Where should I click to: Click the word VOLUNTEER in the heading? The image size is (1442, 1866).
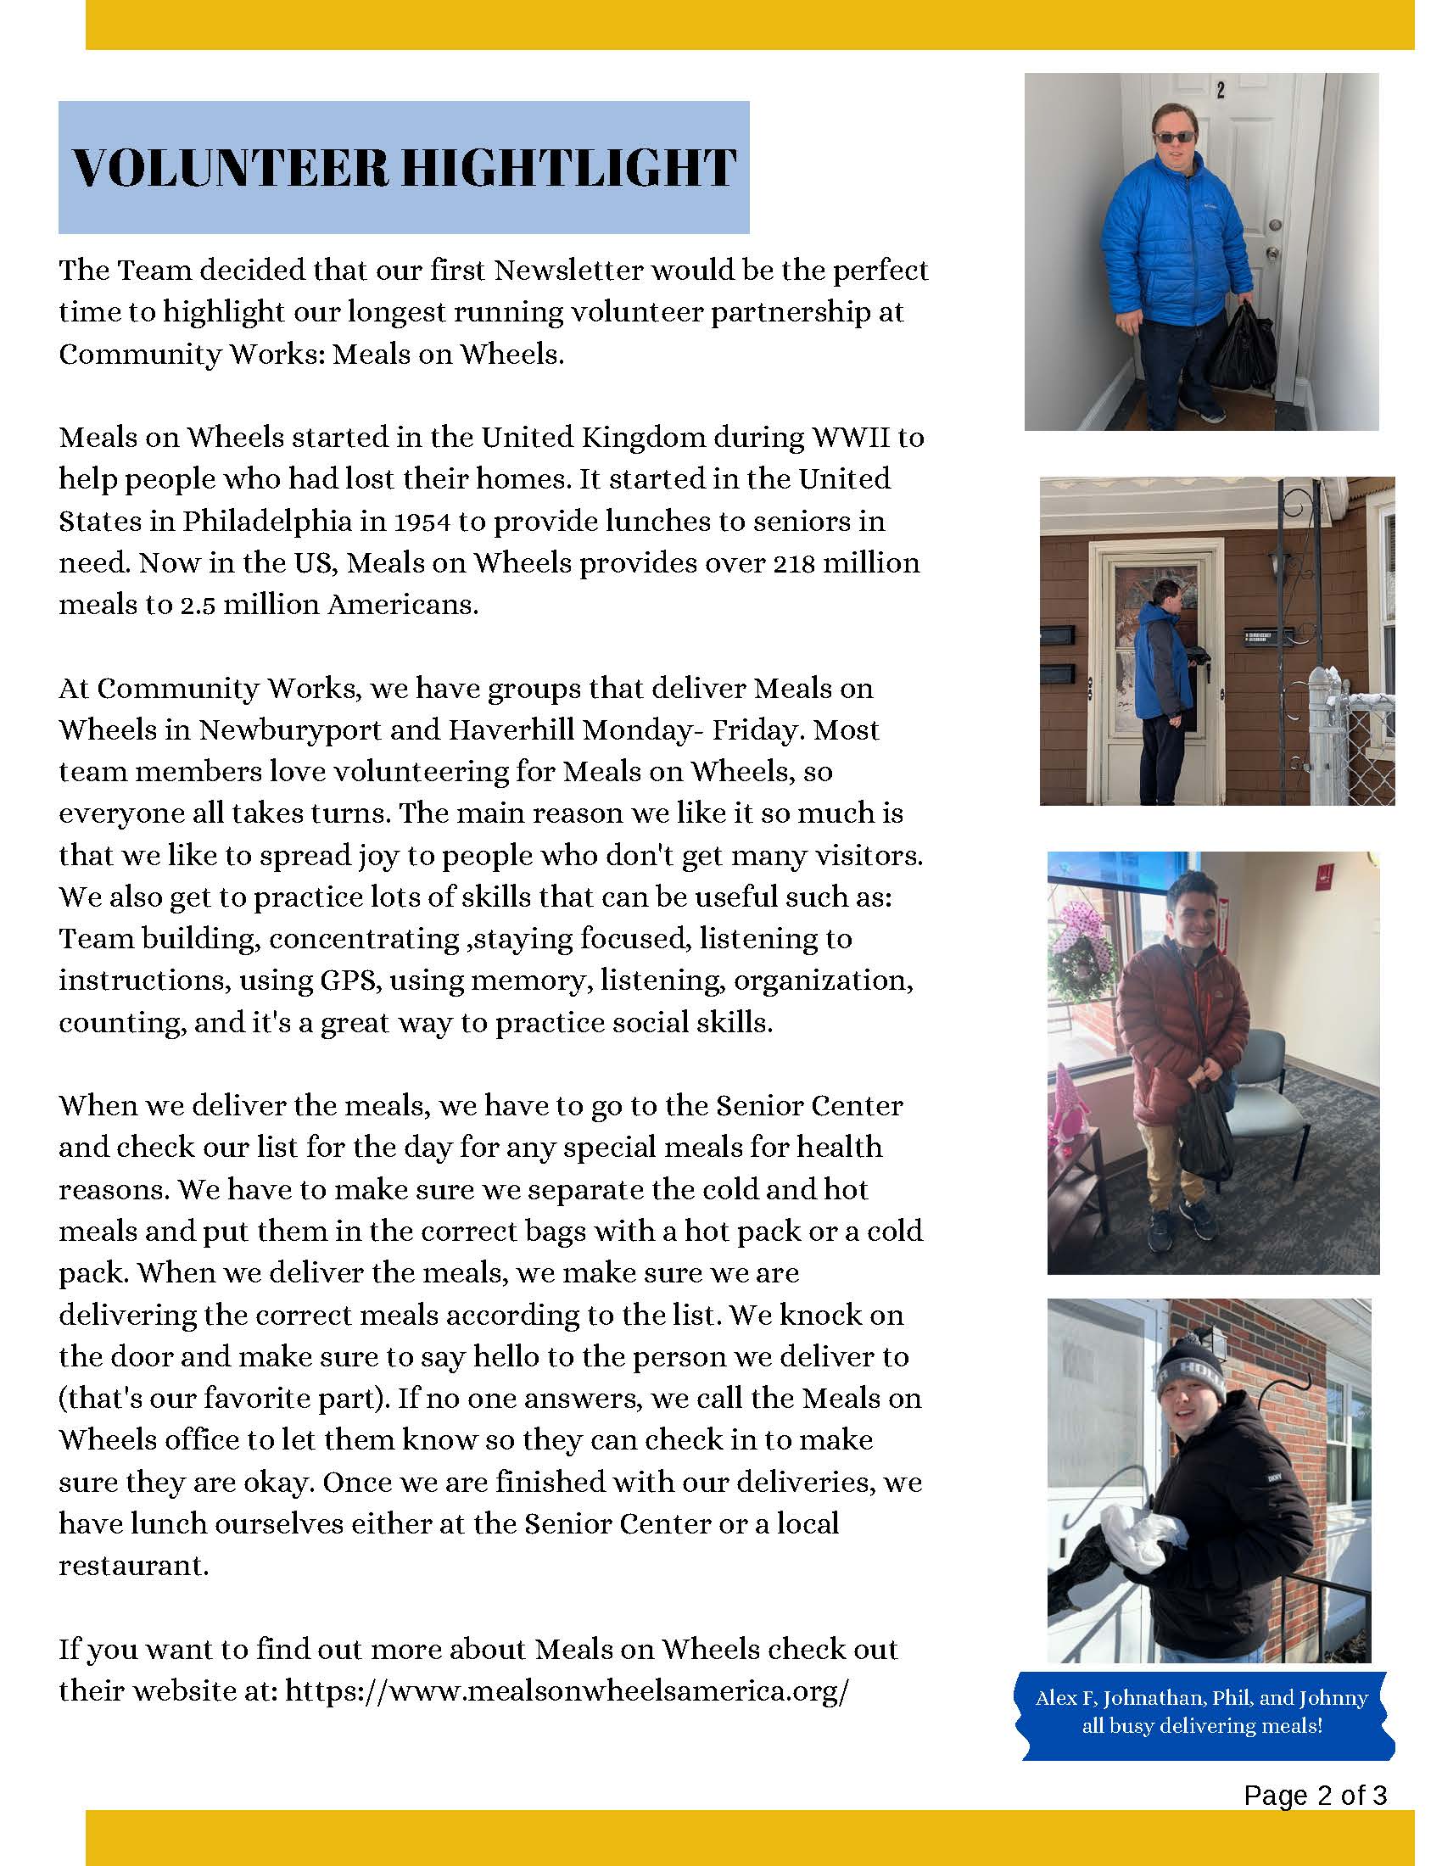click(229, 167)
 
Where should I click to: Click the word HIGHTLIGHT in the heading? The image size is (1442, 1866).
click(568, 167)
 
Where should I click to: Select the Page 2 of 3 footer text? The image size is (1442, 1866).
click(1315, 1795)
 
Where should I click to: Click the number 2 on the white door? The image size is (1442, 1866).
click(1221, 89)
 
